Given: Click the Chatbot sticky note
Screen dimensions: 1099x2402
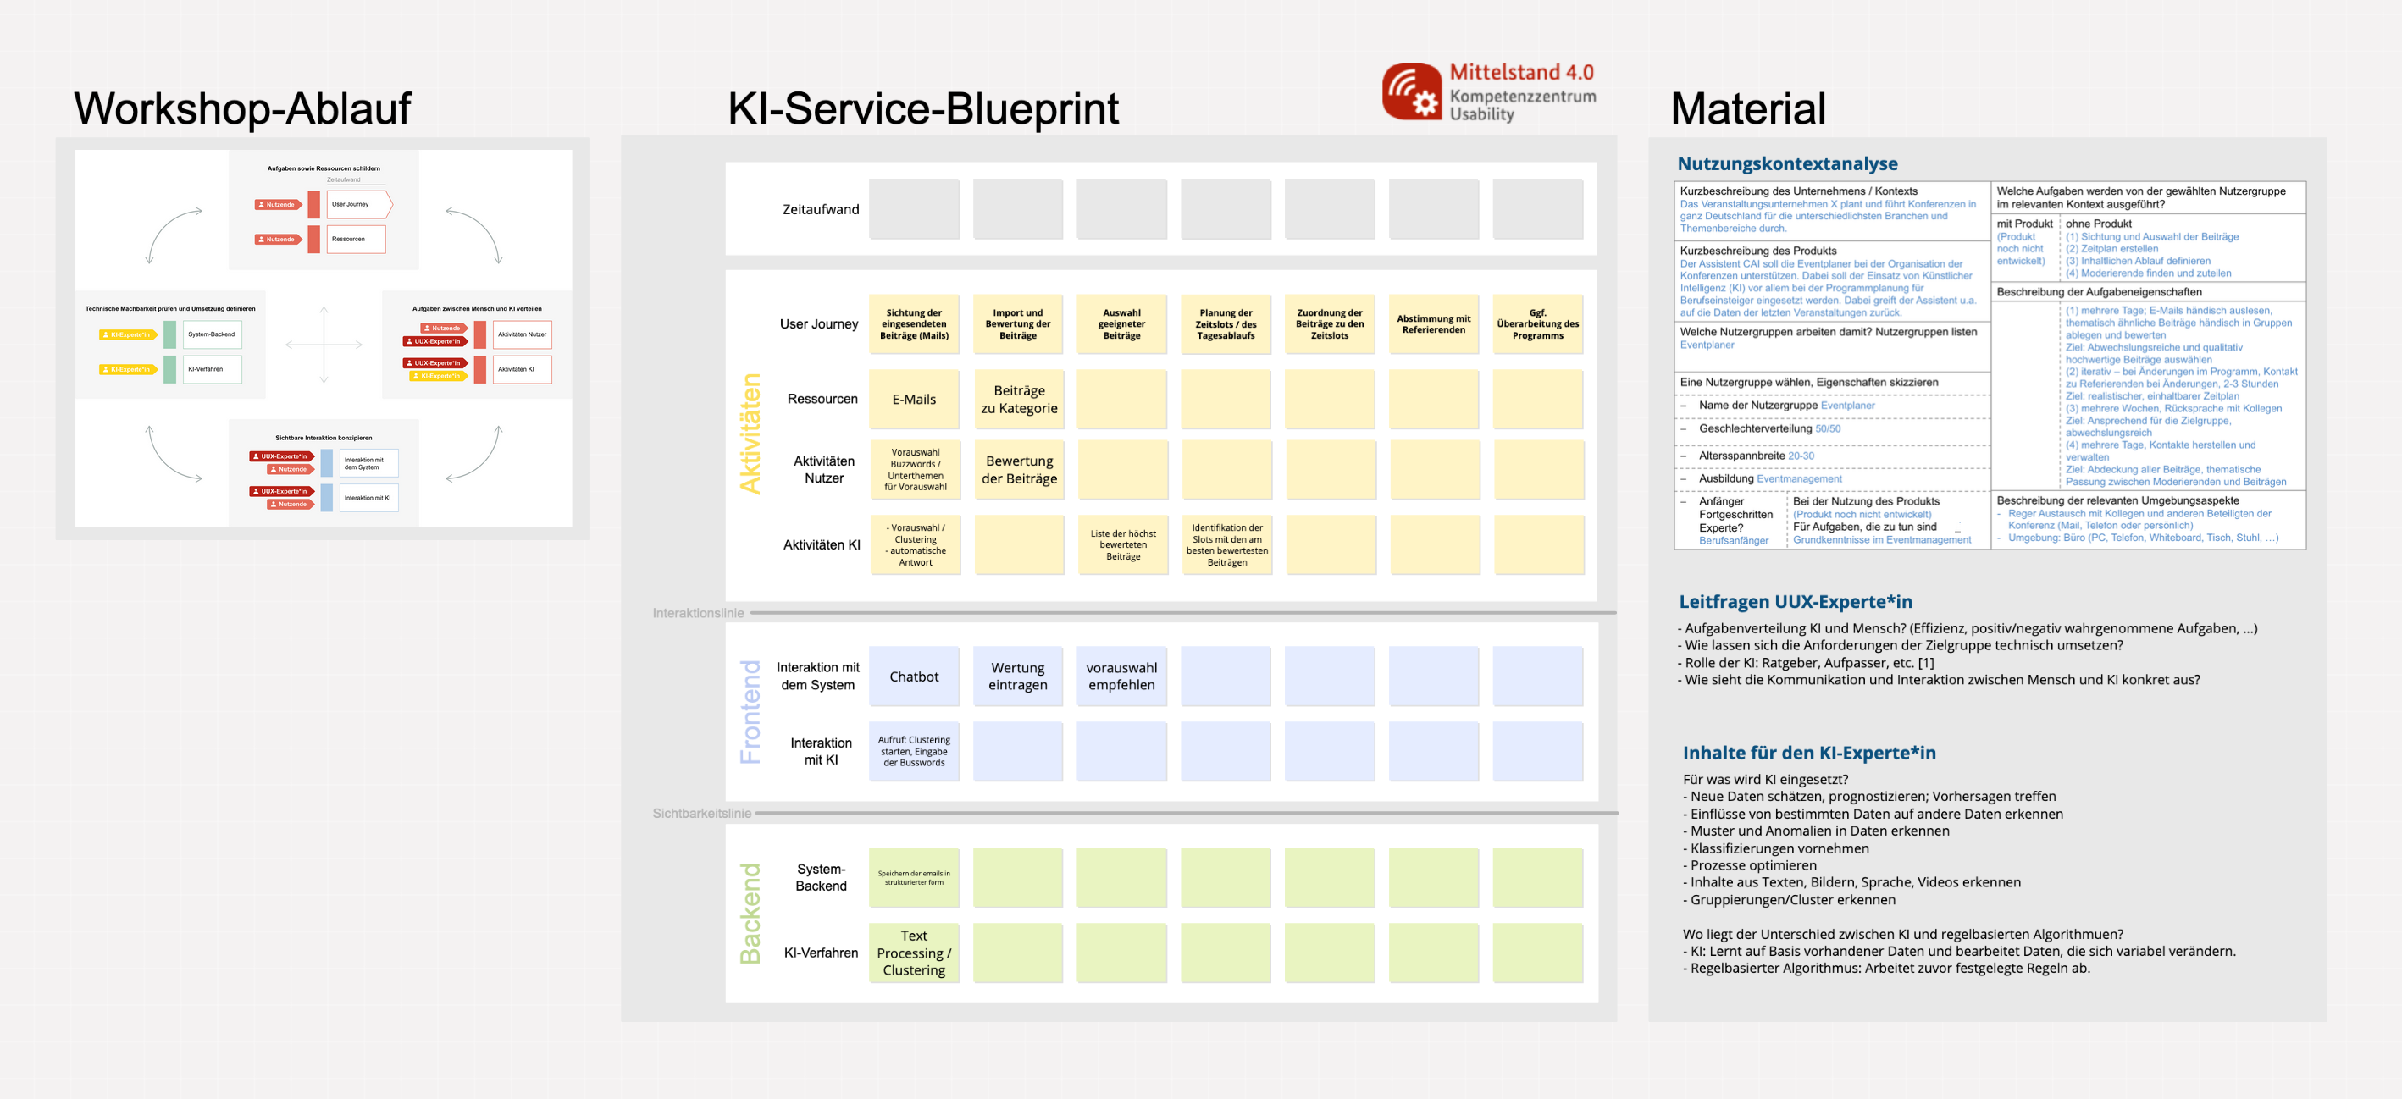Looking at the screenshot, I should [x=914, y=677].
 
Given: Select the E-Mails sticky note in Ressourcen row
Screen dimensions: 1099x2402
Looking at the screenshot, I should [x=914, y=399].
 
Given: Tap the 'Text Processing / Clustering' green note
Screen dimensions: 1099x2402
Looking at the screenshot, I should [x=914, y=953].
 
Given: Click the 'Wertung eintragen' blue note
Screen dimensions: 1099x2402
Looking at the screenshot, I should [x=1017, y=677].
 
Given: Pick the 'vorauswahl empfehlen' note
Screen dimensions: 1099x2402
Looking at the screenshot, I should [x=1121, y=677].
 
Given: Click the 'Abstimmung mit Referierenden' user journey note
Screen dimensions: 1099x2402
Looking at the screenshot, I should [x=1433, y=324].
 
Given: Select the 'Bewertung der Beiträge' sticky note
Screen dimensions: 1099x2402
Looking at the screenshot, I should [x=1018, y=470].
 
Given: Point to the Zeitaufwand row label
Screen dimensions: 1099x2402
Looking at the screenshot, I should [x=821, y=210].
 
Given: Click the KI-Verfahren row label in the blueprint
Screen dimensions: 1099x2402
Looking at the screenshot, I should [x=821, y=953].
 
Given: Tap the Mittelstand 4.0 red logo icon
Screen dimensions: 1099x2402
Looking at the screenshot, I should [x=1412, y=91].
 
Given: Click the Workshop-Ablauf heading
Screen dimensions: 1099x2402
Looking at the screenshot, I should [x=242, y=109].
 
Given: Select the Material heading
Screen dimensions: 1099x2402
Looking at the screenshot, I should [x=1747, y=109].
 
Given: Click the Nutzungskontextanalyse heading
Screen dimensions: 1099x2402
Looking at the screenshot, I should [x=1786, y=164].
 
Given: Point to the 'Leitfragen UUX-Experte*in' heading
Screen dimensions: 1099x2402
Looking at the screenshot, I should [x=1795, y=602].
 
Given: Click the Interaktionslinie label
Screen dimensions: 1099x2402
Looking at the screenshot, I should [x=697, y=613].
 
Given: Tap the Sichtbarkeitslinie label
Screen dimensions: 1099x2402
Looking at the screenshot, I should [x=701, y=814].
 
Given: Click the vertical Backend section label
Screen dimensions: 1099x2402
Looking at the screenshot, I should [x=750, y=914].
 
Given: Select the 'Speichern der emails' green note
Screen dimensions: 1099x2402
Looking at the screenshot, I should [x=914, y=878].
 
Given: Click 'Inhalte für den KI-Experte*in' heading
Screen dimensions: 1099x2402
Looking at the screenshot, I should [x=1809, y=754].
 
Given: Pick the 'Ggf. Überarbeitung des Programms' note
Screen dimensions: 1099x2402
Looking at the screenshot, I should [x=1536, y=324].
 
